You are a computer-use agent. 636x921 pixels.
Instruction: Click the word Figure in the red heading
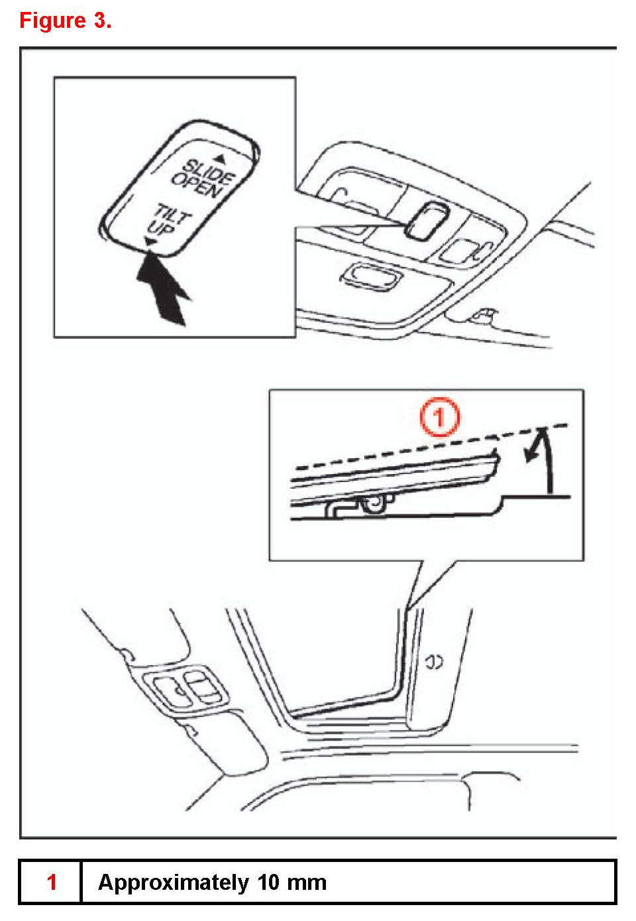(52, 21)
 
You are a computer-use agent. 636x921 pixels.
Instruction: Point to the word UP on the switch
(162, 229)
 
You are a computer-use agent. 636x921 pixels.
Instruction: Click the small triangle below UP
(152, 244)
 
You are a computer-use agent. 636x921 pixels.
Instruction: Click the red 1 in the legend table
(52, 883)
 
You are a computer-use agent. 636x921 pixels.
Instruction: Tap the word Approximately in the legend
(173, 883)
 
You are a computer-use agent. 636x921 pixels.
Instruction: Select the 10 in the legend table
(270, 883)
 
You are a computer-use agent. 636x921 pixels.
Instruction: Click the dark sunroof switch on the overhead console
(427, 220)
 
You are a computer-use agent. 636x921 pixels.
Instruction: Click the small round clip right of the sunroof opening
(434, 662)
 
